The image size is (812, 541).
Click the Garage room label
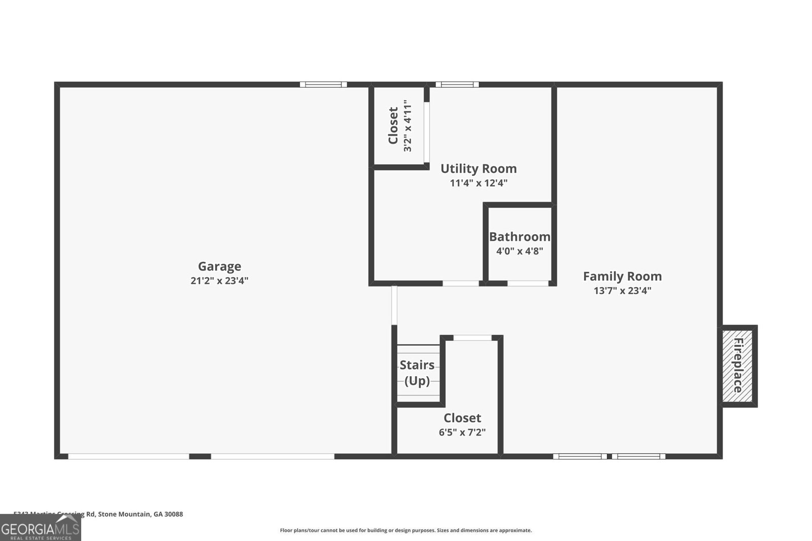pos(219,266)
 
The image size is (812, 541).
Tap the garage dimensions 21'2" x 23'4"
pos(219,280)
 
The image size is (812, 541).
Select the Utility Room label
pos(478,168)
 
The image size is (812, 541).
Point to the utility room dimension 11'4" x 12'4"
pos(478,183)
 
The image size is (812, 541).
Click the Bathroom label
pos(519,237)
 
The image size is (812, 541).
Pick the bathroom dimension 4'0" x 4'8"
pos(519,251)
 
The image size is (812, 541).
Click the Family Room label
pos(622,276)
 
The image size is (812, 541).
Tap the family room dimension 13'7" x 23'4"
pos(622,291)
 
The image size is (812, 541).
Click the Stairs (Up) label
pos(417,373)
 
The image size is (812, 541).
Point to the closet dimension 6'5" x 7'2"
pos(462,432)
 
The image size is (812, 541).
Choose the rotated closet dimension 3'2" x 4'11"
pos(408,126)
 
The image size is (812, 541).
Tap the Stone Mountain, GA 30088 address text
pos(140,514)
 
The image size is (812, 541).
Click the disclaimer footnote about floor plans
pos(405,530)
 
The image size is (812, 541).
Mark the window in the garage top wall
pos(323,85)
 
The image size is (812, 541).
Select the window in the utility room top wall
pos(457,85)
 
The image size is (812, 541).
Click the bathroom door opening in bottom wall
pos(527,283)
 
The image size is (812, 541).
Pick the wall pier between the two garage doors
pos(200,456)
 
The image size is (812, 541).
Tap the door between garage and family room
pos(394,305)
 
